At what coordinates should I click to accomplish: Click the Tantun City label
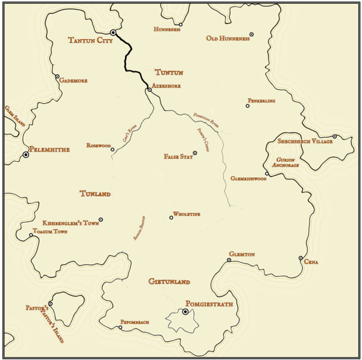click(x=90, y=41)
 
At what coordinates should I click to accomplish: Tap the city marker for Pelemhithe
click(x=26, y=155)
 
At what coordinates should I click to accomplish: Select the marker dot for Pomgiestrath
click(x=185, y=312)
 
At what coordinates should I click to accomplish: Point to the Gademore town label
click(x=73, y=80)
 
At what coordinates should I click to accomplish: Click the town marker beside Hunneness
click(x=180, y=25)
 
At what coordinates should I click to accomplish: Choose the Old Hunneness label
click(x=227, y=39)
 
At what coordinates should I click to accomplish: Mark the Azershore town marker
click(x=150, y=90)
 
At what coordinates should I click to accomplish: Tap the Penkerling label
click(x=261, y=101)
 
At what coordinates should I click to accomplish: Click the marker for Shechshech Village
click(x=335, y=136)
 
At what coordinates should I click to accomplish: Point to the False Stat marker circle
click(x=195, y=153)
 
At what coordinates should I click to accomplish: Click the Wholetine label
click(x=186, y=214)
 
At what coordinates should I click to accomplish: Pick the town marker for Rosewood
click(x=112, y=150)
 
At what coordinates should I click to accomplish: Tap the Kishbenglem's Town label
click(x=71, y=223)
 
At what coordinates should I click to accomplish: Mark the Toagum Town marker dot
click(x=31, y=235)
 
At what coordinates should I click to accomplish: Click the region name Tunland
click(x=95, y=194)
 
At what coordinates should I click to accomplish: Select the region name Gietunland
click(x=169, y=282)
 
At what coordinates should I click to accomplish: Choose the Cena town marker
click(x=300, y=258)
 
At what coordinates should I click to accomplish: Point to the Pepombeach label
click(x=135, y=323)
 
